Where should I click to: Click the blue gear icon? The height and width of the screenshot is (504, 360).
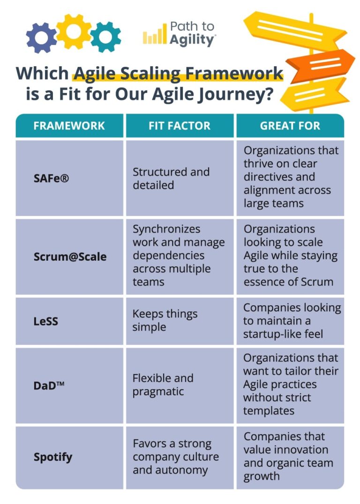[41, 37]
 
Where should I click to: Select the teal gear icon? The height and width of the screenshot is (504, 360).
[105, 37]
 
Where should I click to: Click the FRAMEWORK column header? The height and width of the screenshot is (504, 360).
[69, 126]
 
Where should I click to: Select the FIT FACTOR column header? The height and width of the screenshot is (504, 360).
[180, 126]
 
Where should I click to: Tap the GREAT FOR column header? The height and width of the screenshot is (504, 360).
[290, 126]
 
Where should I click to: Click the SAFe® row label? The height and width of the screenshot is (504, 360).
[51, 179]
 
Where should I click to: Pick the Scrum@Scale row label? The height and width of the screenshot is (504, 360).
[70, 256]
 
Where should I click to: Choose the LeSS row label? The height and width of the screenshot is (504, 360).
[46, 322]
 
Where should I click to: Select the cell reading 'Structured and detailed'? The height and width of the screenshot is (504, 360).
[171, 179]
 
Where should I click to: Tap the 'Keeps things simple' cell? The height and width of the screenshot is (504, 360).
[165, 321]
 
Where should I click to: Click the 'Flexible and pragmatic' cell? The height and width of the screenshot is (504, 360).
[163, 385]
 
